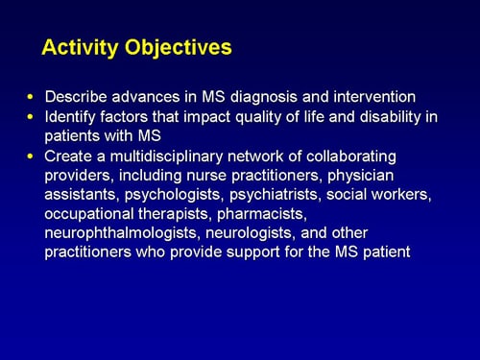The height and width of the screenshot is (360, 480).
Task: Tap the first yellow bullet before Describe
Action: [x=31, y=98]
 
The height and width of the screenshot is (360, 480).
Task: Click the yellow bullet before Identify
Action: [x=31, y=116]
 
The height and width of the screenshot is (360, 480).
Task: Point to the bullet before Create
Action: [x=31, y=156]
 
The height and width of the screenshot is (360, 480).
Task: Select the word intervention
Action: [x=375, y=97]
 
